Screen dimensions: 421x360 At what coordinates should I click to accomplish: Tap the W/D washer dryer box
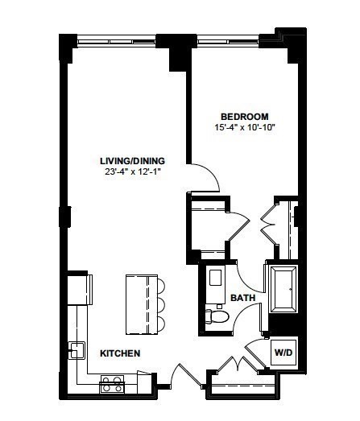[x=283, y=352]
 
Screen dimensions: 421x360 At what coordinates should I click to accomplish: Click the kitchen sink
[x=77, y=350]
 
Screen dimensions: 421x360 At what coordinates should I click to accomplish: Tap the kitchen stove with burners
[x=111, y=385]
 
